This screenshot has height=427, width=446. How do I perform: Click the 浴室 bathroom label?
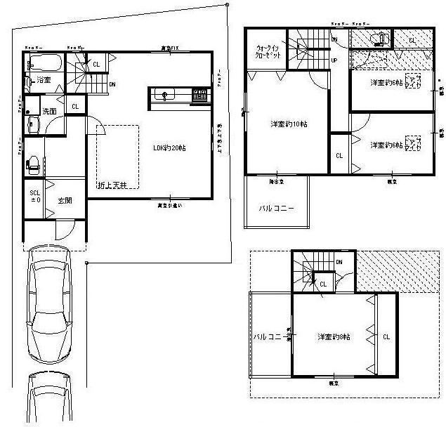(x=44, y=80)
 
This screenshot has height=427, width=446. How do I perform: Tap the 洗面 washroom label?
(x=49, y=112)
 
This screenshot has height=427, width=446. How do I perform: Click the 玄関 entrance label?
(x=65, y=201)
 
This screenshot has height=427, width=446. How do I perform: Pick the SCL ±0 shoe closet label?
(x=34, y=196)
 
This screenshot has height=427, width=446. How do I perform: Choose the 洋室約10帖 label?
(x=288, y=125)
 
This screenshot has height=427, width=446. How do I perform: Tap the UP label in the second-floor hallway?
(x=334, y=60)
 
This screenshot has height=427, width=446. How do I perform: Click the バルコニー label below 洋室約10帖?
(x=275, y=209)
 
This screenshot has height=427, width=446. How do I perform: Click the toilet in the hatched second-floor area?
(x=379, y=39)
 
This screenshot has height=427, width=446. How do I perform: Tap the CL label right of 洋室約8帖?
(x=386, y=337)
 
